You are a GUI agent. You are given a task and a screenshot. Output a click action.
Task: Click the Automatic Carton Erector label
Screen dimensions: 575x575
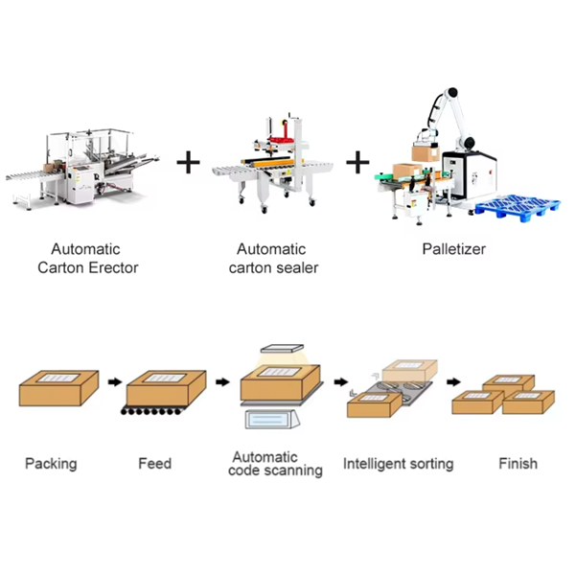[87, 259]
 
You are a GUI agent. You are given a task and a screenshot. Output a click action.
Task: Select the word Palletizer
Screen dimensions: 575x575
[452, 249]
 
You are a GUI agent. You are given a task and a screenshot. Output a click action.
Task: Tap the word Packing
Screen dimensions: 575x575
[51, 464]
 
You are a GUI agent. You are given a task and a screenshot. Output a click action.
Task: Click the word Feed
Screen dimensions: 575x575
[154, 464]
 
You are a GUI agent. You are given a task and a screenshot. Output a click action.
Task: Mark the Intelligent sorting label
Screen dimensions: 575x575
[398, 464]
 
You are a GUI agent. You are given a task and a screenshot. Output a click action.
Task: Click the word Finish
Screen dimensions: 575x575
[517, 464]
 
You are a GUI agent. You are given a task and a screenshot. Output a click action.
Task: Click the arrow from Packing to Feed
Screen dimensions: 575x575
[114, 382]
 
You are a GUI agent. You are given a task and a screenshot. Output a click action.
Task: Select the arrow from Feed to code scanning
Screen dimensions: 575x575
[224, 382]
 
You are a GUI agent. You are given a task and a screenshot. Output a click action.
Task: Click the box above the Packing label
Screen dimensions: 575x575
[57, 388]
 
